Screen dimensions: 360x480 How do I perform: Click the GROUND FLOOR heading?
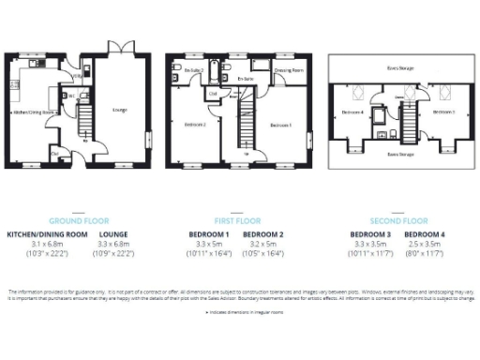pyautogui.click(x=80, y=220)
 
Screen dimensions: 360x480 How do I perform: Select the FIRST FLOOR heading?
pyautogui.click(x=239, y=220)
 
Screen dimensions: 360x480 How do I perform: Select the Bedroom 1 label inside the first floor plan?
pyautogui.click(x=280, y=125)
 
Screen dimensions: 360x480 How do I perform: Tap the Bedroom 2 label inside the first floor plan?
pyautogui.click(x=195, y=125)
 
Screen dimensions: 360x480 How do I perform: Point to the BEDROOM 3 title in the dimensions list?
pyautogui.click(x=370, y=233)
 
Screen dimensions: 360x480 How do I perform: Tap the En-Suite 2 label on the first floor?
pyautogui.click(x=195, y=70)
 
